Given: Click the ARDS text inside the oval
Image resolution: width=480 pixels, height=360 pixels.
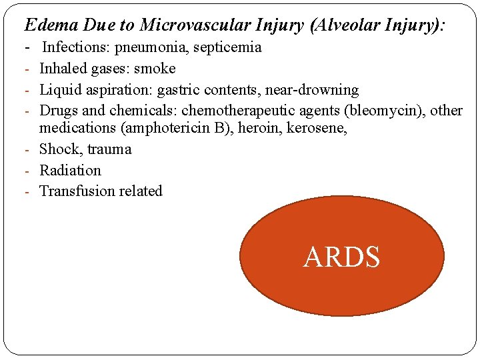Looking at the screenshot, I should coord(341,257).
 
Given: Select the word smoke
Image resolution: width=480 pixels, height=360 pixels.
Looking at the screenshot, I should coord(155,69).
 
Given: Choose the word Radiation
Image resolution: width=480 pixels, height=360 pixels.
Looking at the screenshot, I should coord(70,170).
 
